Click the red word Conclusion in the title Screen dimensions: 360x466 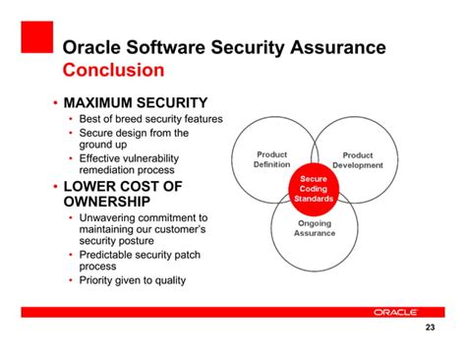point(113,71)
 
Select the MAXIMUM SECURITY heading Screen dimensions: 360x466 point(135,102)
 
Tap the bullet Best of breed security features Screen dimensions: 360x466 point(151,119)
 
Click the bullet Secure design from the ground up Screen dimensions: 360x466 point(136,138)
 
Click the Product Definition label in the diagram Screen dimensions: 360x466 point(271,159)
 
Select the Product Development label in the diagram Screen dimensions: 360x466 point(357,159)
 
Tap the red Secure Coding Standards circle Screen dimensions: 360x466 point(314,189)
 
